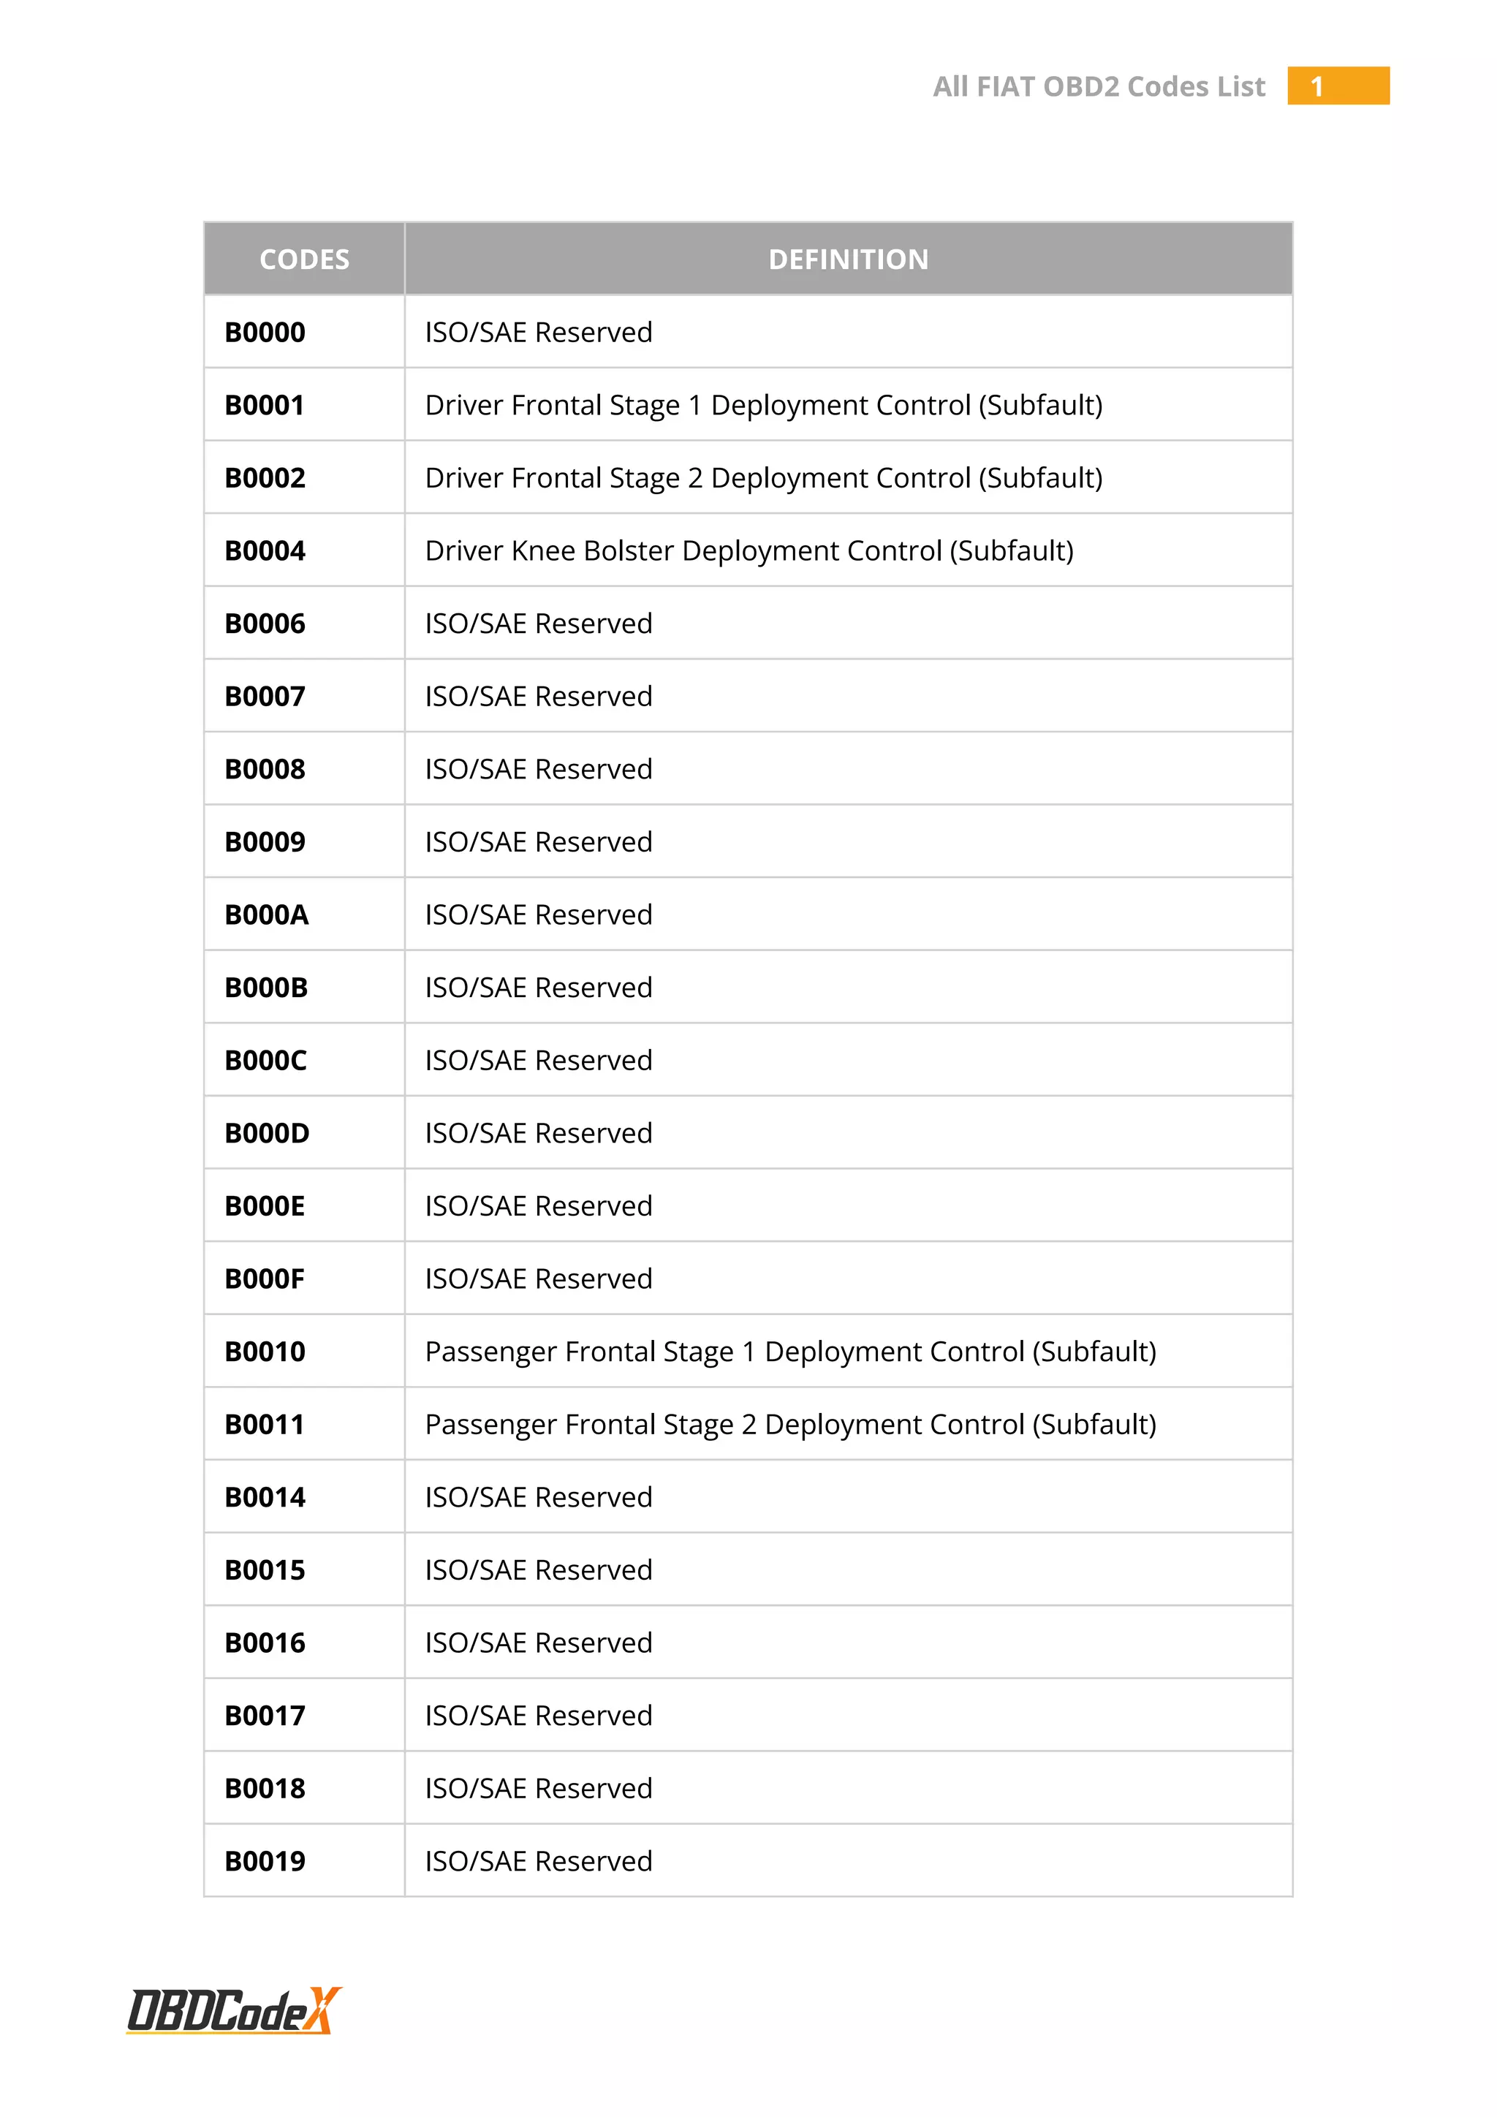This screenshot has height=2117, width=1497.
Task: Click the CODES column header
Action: pos(304,259)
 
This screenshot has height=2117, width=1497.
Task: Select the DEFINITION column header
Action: pos(848,259)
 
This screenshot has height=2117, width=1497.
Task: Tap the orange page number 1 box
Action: pos(1338,86)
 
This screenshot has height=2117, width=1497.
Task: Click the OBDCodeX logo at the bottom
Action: pos(234,2010)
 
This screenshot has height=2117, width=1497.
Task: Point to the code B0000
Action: pos(265,332)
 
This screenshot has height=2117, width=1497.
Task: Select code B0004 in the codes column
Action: pos(265,550)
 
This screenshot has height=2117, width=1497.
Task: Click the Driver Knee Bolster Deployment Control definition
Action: pos(748,550)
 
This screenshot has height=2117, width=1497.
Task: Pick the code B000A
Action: pos(266,914)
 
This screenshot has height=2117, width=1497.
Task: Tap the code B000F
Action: pos(265,1279)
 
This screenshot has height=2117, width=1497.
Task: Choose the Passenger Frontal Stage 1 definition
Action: pos(790,1352)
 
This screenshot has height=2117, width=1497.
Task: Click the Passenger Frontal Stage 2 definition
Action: pos(790,1425)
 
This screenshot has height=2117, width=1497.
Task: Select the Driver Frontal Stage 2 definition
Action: pos(763,477)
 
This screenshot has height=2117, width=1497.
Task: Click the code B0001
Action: pos(265,405)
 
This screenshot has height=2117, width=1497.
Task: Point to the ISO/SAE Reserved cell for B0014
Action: pos(538,1497)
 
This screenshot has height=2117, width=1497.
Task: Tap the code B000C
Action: pos(265,1061)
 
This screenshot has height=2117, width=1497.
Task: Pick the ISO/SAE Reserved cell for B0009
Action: pos(538,842)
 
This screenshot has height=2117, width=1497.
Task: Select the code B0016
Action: pos(265,1643)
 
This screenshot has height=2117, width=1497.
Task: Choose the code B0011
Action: pos(265,1425)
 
